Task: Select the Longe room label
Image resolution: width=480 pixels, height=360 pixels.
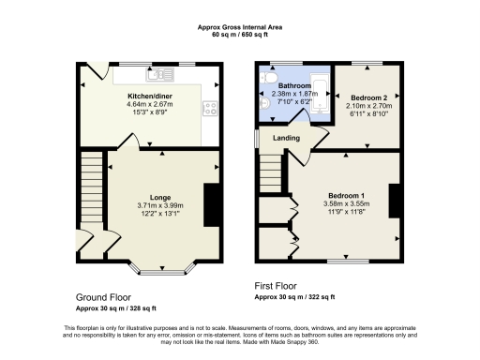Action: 160,197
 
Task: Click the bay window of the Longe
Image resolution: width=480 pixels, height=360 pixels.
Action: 163,271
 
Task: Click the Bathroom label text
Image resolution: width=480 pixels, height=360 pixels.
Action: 292,85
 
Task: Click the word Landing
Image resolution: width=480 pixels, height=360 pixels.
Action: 286,139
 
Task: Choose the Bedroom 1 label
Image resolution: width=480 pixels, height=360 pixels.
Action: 344,195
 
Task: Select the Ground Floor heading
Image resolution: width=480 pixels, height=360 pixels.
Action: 103,295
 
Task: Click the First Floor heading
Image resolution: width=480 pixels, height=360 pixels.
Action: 279,284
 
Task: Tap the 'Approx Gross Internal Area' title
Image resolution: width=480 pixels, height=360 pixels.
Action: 240,27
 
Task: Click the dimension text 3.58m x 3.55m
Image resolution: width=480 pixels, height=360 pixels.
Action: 344,203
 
